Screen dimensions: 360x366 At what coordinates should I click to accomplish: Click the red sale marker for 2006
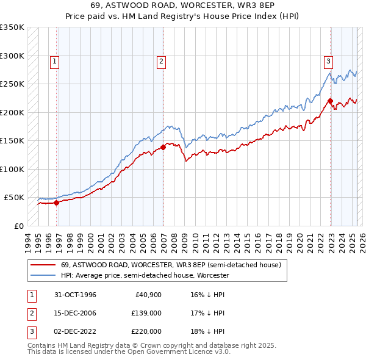(x=163, y=147)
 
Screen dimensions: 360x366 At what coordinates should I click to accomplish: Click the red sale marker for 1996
(x=57, y=203)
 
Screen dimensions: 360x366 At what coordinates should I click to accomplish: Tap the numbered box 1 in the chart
(x=55, y=60)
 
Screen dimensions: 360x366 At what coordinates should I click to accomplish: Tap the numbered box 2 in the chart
(x=161, y=60)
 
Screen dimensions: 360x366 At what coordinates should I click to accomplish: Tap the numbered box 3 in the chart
(x=328, y=60)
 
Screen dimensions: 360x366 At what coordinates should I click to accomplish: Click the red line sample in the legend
(x=43, y=265)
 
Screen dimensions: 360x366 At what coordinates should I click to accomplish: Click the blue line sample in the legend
(x=43, y=276)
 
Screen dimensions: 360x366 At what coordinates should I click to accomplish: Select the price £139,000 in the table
(x=146, y=313)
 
